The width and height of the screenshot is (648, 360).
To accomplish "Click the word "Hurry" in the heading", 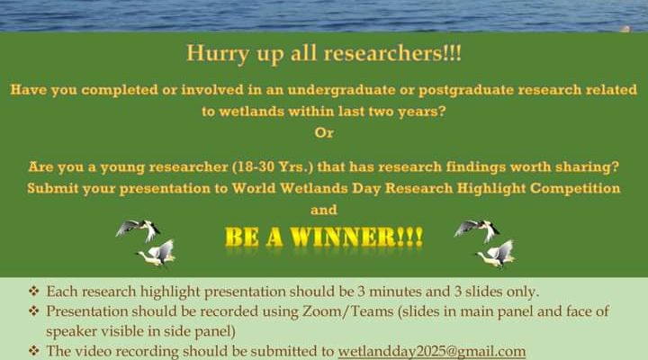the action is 218,54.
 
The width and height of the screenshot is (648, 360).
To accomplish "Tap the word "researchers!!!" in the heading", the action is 392,53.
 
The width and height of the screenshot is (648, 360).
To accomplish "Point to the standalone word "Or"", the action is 324,133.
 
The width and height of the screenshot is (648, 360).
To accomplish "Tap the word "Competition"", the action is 575,188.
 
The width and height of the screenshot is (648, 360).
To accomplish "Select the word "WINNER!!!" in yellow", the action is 356,238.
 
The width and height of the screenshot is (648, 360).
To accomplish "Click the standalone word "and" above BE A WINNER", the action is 324,210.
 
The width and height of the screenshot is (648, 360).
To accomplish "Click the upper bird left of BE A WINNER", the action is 139,229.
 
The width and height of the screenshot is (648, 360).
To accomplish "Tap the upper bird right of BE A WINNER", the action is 477,229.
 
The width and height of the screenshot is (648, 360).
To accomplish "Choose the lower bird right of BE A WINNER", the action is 496,254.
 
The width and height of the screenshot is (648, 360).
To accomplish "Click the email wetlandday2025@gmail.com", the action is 432,351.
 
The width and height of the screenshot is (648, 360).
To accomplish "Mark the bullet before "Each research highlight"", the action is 34,291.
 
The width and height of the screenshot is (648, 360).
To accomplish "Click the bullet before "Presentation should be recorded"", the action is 34,310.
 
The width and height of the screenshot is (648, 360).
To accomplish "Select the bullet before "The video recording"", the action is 34,351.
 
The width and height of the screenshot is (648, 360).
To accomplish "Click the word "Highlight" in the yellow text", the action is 491,189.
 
